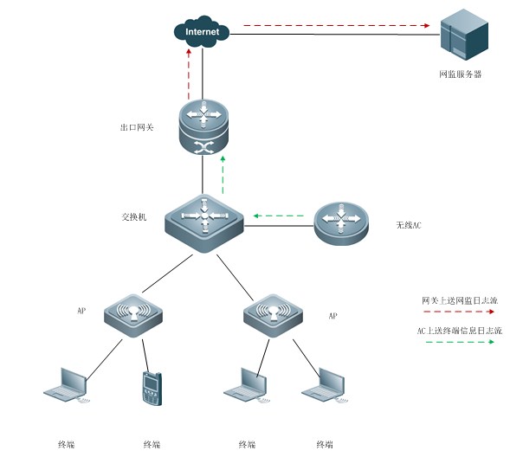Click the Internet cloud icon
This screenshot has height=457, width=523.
203,33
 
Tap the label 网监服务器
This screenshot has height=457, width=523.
460,74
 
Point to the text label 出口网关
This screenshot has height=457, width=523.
137,127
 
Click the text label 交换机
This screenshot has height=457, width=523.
134,216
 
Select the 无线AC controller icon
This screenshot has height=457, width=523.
342,223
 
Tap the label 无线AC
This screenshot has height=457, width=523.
408,225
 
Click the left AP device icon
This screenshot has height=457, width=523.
133,313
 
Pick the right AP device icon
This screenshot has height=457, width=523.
273,314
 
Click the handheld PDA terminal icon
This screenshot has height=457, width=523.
152,389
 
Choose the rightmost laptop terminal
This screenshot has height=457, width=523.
324,385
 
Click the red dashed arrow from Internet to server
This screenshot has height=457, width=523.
337,26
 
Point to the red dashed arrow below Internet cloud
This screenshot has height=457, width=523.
189,74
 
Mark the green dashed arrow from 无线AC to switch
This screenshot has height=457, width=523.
278,215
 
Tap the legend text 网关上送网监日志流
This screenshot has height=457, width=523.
460,299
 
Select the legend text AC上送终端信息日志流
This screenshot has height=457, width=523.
460,330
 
